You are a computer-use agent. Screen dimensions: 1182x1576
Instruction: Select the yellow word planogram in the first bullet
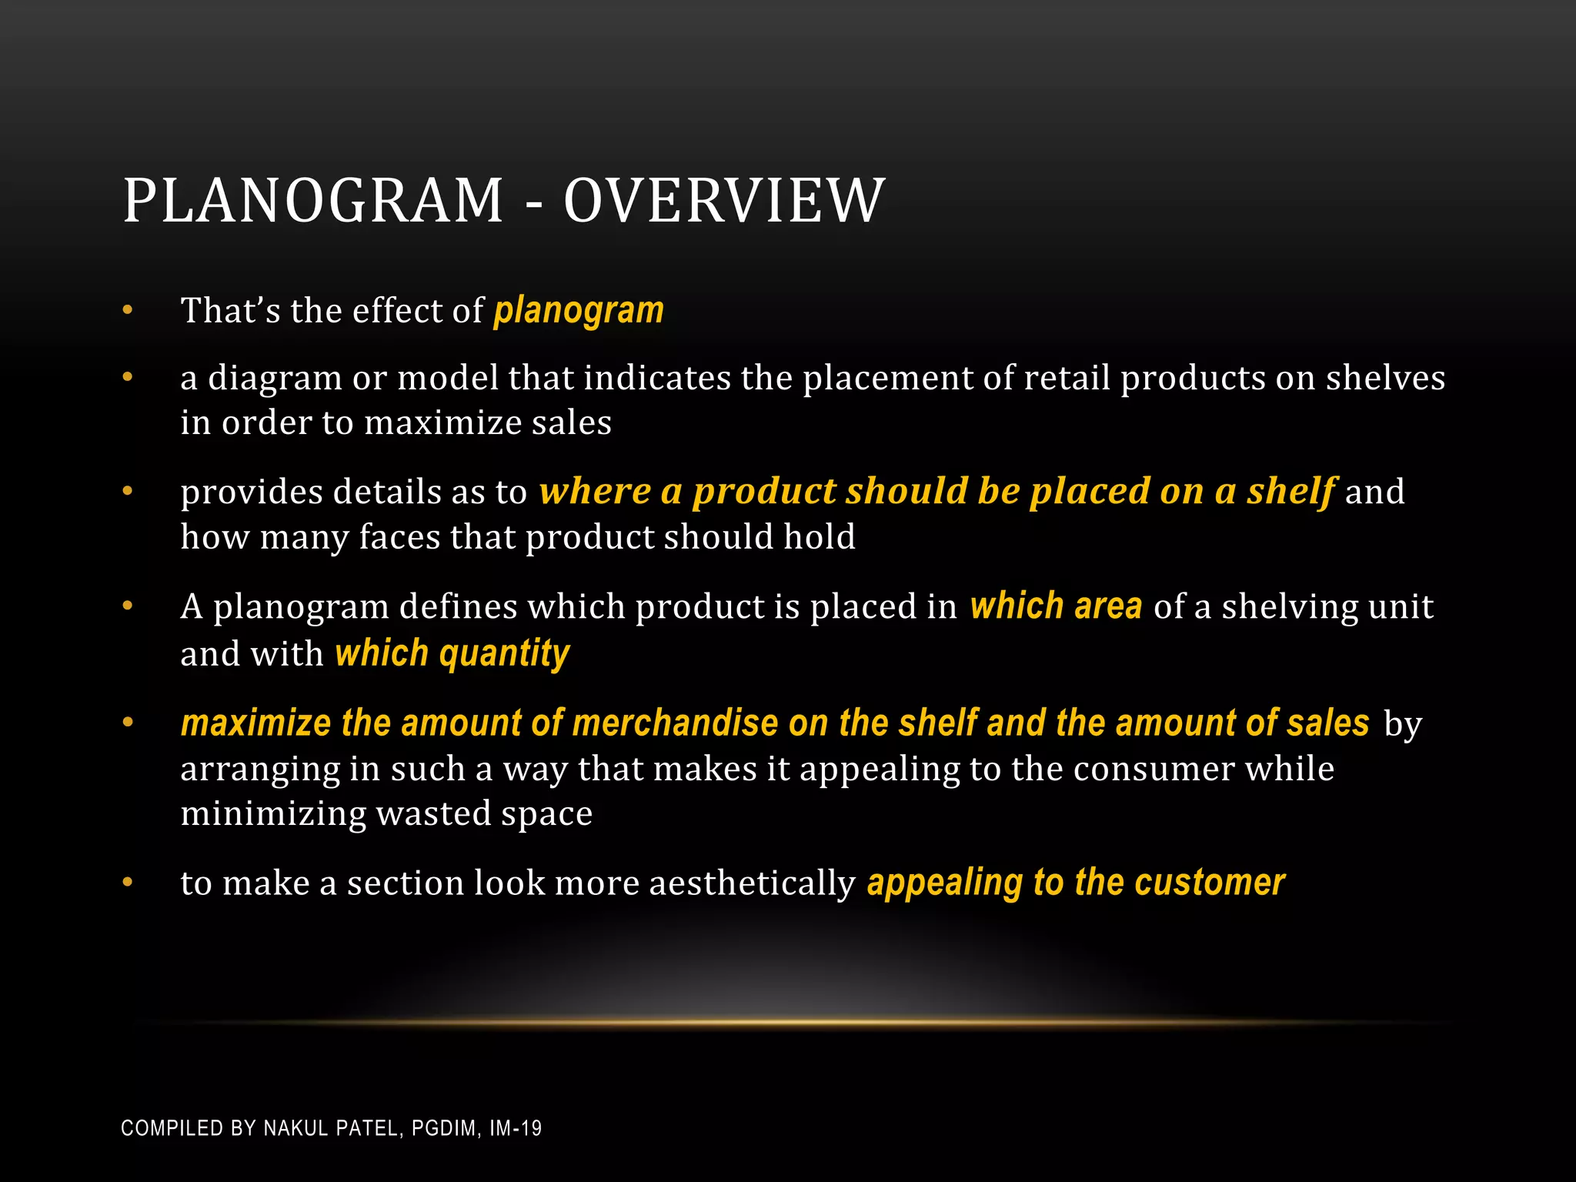(579, 312)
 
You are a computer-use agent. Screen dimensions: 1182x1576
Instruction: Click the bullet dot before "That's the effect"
(128, 311)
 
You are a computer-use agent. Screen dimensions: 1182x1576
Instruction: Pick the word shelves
(1385, 379)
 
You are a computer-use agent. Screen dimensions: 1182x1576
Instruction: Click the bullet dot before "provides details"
(128, 491)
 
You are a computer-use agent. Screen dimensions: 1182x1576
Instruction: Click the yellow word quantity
(504, 654)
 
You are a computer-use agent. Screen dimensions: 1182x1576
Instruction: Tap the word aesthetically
(752, 883)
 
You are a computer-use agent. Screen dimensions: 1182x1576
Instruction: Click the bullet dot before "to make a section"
(128, 883)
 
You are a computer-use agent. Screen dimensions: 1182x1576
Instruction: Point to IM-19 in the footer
(516, 1129)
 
